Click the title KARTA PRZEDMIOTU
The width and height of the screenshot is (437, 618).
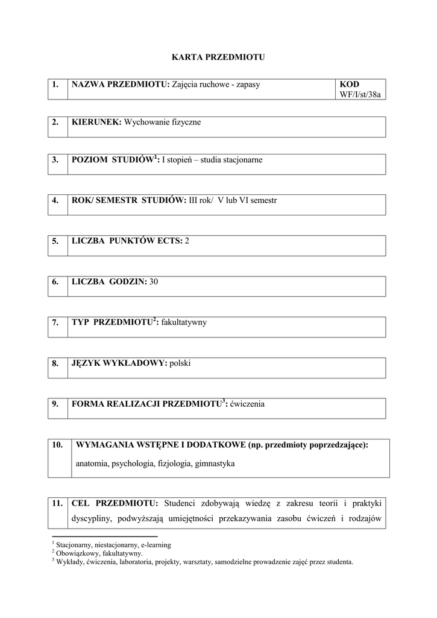tap(218, 57)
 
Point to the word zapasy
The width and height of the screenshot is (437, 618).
tap(247, 84)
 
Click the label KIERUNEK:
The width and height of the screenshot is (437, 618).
tap(96, 123)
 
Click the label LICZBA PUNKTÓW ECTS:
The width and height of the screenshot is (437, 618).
tap(127, 241)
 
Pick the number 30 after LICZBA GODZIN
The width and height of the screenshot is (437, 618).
tap(154, 282)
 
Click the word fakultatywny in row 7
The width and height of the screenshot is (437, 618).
tap(184, 322)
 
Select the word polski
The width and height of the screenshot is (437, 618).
tap(180, 363)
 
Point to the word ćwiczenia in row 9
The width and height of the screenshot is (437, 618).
tap(247, 404)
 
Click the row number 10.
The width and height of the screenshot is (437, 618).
tap(58, 445)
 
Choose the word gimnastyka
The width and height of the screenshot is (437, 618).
tap(215, 464)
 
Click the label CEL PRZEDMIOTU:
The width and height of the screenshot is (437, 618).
tap(115, 503)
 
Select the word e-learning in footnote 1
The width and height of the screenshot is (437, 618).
tap(156, 544)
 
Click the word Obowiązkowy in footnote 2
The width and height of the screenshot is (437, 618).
tap(77, 553)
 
